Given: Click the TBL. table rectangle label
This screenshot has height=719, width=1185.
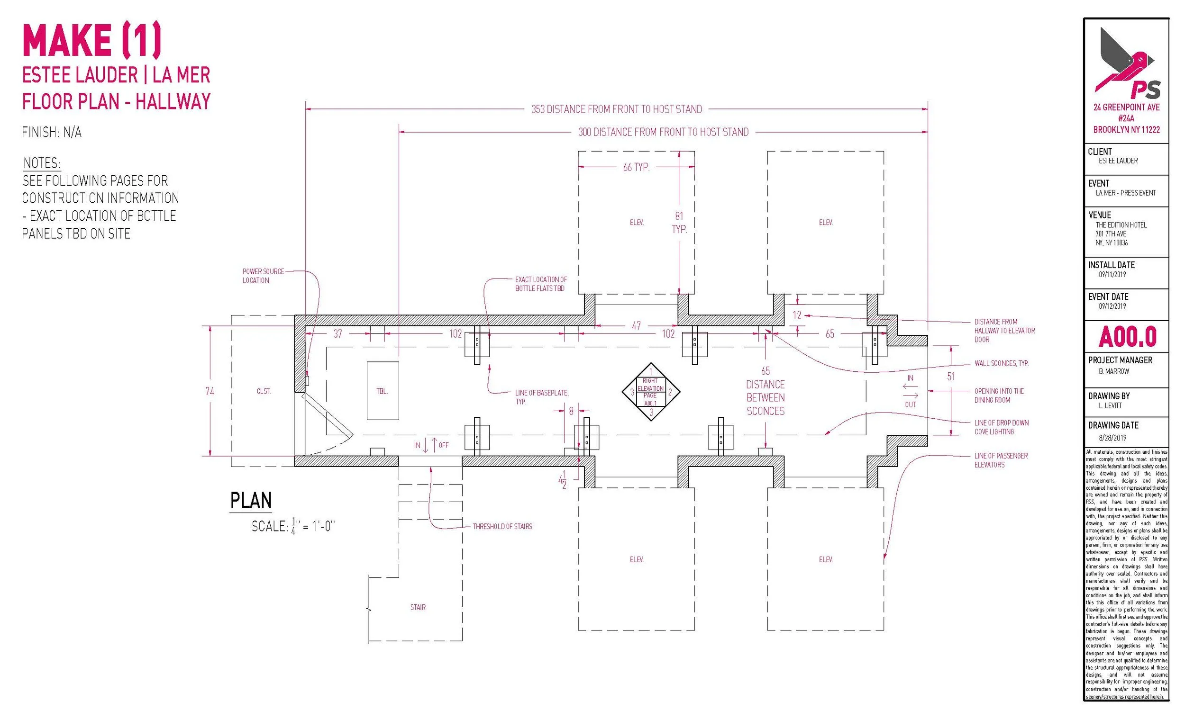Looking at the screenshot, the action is click(x=382, y=391).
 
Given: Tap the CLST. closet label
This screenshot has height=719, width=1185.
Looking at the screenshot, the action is click(x=264, y=391).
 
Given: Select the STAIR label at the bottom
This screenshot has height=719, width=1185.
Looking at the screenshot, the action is click(x=418, y=607).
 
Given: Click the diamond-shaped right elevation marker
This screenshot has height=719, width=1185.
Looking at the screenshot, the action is click(x=651, y=392).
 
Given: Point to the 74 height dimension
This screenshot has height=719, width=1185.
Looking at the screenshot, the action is click(x=210, y=391).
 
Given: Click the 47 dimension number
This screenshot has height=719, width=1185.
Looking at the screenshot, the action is click(x=636, y=326).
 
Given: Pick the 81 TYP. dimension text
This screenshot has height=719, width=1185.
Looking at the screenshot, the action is click(x=679, y=223).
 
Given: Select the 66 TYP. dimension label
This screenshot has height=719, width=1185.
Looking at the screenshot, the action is click(x=636, y=167).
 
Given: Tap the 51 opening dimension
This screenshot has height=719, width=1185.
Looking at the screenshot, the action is click(x=951, y=377).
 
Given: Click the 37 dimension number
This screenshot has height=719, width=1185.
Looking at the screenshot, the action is click(x=337, y=333).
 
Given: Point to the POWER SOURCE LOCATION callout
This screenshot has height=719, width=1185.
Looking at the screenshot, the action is click(x=263, y=276).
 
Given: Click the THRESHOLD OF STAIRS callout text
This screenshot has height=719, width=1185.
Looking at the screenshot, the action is click(x=502, y=526).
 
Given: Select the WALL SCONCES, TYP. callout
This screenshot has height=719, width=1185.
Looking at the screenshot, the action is click(x=1002, y=363).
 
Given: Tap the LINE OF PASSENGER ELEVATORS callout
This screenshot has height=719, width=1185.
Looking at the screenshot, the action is click(x=1001, y=460).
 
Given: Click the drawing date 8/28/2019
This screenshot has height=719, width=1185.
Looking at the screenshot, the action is click(x=1112, y=438).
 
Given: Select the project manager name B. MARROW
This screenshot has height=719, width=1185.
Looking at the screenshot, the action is click(x=1114, y=371).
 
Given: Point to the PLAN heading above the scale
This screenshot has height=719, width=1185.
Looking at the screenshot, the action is click(x=251, y=500).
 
